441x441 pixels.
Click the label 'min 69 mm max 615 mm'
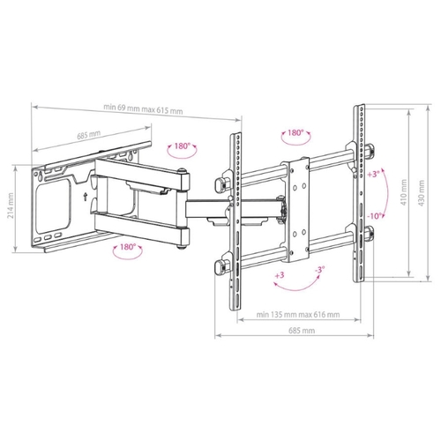143,108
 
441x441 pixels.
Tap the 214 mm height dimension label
11,206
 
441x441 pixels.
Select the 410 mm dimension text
404,192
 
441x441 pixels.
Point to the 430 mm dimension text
422,193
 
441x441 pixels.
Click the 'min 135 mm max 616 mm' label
298,315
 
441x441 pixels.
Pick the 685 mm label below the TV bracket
302,331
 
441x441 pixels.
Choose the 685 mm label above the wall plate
89,135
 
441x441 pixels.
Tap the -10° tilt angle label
376,216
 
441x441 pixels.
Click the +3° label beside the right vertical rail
373,174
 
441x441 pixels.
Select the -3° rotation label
319,269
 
